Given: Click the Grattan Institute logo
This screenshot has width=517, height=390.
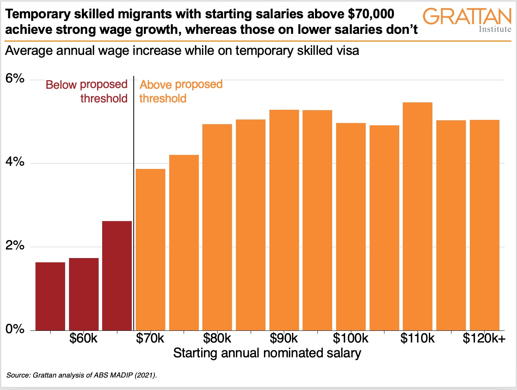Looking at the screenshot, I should (x=467, y=20).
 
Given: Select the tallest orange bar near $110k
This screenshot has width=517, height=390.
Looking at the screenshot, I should (x=418, y=216).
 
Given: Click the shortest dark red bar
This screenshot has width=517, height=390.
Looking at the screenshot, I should (x=50, y=296).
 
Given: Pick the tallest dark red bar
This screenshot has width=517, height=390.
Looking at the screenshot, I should (x=117, y=276).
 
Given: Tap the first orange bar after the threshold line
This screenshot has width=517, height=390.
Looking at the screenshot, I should (x=150, y=249).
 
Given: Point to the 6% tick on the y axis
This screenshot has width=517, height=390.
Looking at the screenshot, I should (x=15, y=79).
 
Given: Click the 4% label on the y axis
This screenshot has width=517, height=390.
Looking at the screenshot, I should (x=15, y=162).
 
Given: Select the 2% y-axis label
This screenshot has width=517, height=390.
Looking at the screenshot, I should (x=15, y=246).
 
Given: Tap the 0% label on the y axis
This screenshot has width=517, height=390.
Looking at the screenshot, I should (x=15, y=329).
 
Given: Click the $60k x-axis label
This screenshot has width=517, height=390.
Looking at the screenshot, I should (x=83, y=339).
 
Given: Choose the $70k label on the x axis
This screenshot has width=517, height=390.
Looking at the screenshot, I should (x=150, y=339).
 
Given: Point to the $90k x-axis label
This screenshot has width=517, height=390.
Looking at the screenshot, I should (x=284, y=339).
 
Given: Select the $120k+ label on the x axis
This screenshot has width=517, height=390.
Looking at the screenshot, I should (x=484, y=339).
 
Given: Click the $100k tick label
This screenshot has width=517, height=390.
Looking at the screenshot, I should (x=351, y=339).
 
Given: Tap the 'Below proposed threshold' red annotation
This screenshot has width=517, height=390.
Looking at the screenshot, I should (x=87, y=91).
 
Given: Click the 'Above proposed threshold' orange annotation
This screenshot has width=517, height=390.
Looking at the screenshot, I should (x=181, y=91).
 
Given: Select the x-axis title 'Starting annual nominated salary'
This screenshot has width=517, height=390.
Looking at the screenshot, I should (x=267, y=353).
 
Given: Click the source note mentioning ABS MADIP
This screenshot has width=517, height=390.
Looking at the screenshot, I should (x=81, y=376).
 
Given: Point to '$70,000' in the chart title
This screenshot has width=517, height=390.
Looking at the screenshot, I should (x=371, y=14).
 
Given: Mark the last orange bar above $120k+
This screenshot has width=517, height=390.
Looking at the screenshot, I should (x=485, y=225).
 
